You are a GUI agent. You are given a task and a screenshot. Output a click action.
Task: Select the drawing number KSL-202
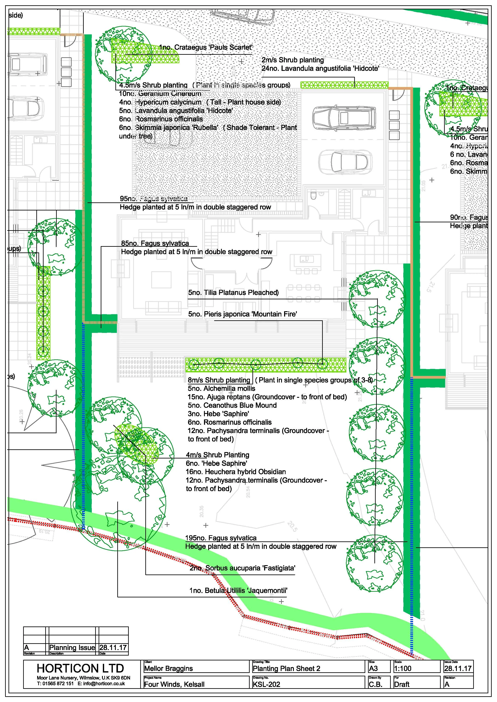click(x=266, y=684)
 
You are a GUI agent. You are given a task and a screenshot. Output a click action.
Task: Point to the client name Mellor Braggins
click(x=168, y=668)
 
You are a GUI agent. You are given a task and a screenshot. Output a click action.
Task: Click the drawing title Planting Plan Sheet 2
click(x=286, y=668)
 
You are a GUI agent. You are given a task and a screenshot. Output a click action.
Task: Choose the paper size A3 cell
click(x=373, y=668)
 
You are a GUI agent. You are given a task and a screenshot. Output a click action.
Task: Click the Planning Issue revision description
click(x=72, y=647)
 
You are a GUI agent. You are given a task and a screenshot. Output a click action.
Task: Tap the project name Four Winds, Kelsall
click(x=174, y=684)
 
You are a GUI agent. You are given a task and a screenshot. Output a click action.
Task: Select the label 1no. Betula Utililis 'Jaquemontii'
click(x=238, y=590)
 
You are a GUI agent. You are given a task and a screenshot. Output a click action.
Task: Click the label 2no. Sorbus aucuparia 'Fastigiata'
click(x=242, y=568)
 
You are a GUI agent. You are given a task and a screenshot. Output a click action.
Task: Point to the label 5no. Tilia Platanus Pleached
click(x=233, y=293)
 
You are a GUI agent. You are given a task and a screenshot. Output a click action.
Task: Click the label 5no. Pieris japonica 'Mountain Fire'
click(x=242, y=314)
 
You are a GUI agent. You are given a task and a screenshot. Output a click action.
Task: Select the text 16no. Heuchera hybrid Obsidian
click(x=236, y=472)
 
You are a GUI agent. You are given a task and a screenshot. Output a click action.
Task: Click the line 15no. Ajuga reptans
click(x=267, y=397)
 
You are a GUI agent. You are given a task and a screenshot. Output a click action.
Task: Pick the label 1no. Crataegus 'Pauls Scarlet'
click(x=206, y=47)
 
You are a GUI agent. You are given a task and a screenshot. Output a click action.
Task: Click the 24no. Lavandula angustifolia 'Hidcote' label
click(x=320, y=69)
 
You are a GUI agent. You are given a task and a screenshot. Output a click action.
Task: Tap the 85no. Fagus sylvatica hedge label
click(x=155, y=243)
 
